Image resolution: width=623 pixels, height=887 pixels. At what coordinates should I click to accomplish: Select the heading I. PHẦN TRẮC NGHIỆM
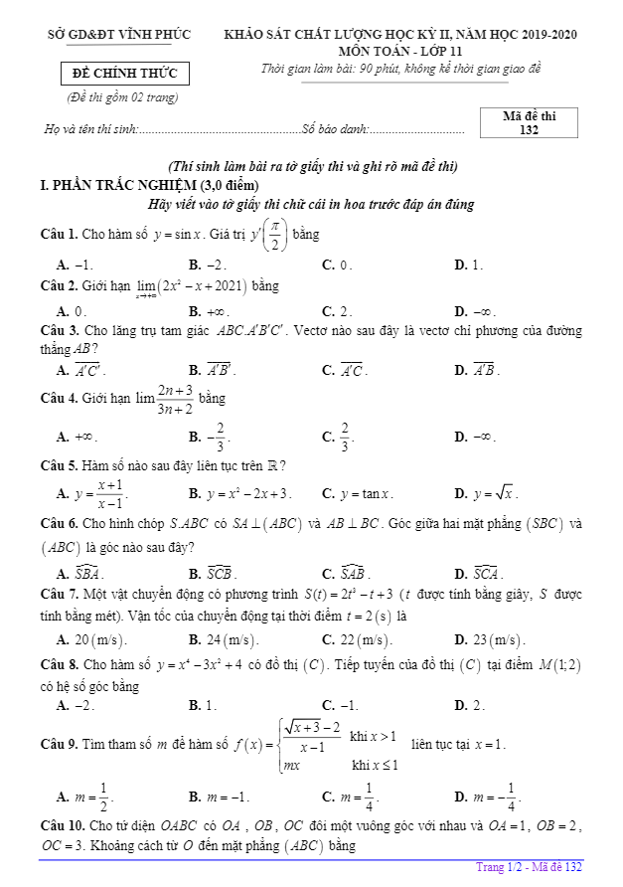pyautogui.click(x=134, y=185)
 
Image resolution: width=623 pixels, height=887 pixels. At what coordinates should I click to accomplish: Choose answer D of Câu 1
pyautogui.click(x=468, y=265)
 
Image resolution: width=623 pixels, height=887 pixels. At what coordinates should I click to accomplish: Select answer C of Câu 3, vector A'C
pyautogui.click(x=344, y=371)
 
